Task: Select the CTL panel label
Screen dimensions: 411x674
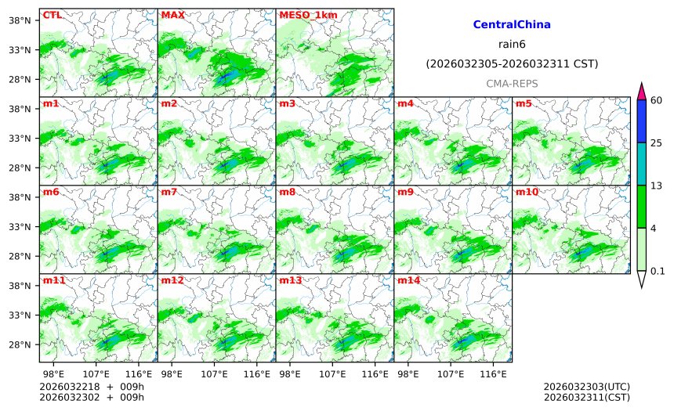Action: tap(53, 15)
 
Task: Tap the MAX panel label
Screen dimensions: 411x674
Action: tap(172, 15)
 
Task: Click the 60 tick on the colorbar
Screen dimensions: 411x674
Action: tap(657, 99)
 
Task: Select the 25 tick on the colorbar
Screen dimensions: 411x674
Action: tap(657, 142)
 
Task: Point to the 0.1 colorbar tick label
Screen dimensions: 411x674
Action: tap(658, 272)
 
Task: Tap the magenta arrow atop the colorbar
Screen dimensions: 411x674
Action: tap(641, 91)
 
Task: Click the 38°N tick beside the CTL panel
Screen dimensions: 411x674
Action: tap(18, 20)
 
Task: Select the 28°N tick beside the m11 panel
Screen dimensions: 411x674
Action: tap(18, 345)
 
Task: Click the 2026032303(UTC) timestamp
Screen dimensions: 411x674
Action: tap(586, 387)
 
